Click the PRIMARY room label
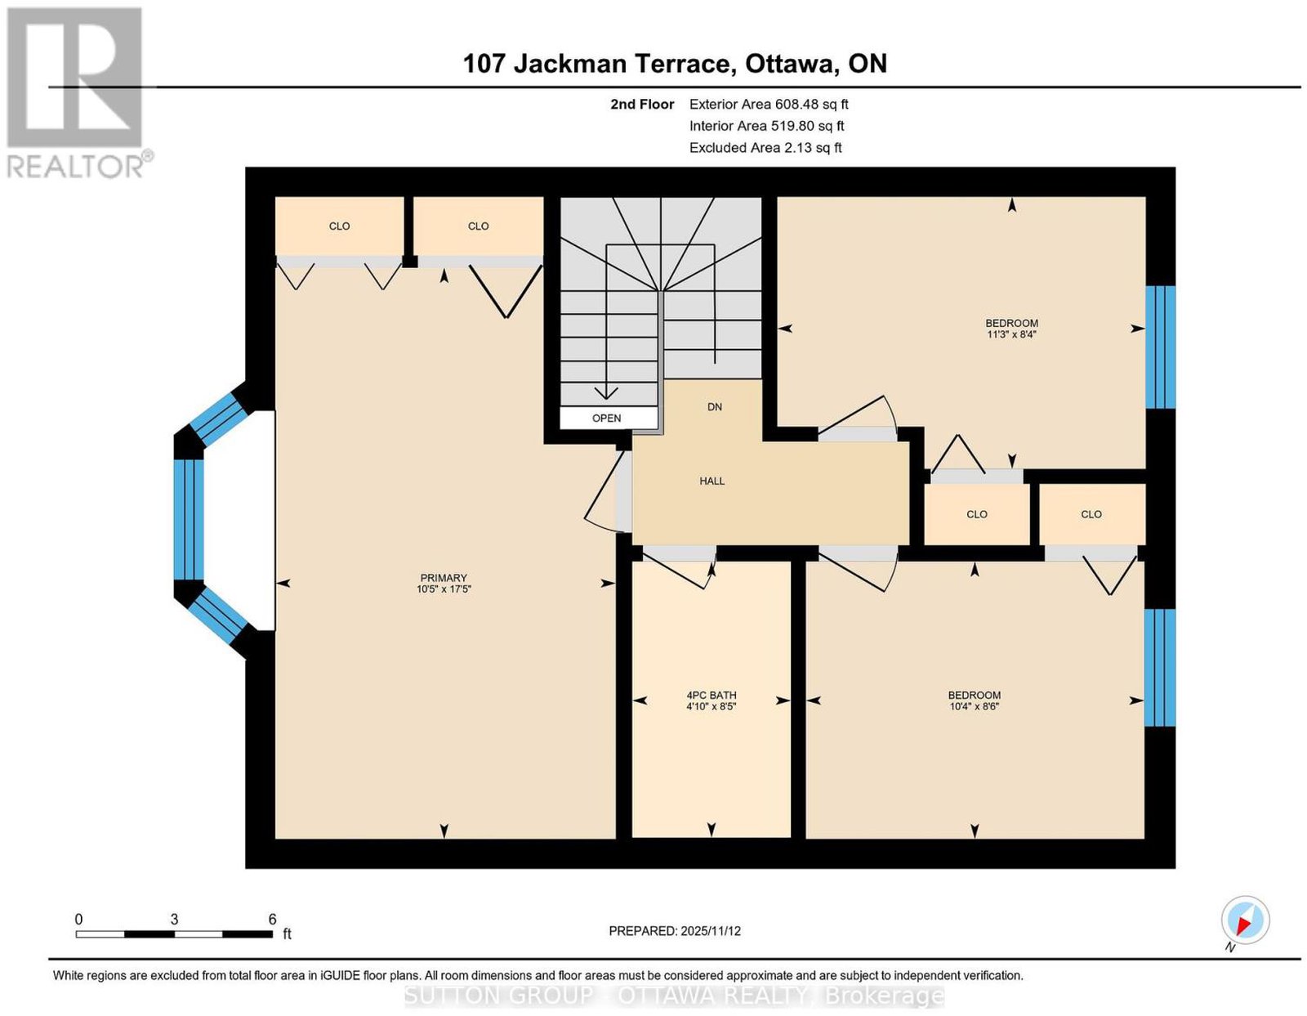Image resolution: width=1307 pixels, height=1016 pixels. (444, 578)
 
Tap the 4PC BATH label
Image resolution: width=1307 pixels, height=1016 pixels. (711, 695)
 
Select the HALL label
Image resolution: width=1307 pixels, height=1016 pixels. (712, 481)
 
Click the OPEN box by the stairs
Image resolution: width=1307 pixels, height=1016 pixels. (608, 418)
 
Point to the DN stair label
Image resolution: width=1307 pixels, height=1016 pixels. (715, 407)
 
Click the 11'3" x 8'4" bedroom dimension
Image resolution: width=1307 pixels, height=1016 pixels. (1011, 334)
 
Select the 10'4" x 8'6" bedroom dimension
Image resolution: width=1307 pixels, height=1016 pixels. (975, 706)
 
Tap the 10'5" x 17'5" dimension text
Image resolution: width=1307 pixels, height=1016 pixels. (444, 589)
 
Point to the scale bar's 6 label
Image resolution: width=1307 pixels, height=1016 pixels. (272, 920)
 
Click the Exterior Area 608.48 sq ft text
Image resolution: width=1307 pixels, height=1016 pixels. (769, 104)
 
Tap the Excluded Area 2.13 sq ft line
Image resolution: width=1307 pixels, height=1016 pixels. (765, 147)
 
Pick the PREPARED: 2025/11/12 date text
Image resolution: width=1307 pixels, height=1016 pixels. (675, 931)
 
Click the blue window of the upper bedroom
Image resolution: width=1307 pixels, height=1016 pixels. (1160, 347)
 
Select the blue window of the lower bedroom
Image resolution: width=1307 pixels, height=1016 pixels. (1160, 668)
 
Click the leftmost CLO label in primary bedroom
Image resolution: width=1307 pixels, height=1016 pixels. (339, 226)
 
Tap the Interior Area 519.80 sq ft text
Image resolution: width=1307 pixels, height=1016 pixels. (766, 126)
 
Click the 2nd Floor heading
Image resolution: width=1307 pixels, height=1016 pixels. (642, 104)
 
